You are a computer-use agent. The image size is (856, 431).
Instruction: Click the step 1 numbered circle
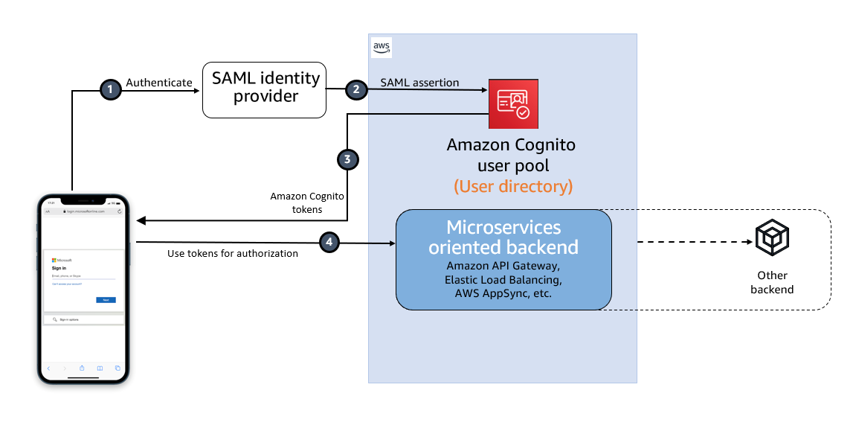tap(110, 89)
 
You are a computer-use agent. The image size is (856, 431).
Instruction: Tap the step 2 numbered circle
tap(356, 89)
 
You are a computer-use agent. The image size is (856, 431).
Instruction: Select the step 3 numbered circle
tap(347, 159)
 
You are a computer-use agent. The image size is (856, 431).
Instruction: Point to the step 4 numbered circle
tap(329, 242)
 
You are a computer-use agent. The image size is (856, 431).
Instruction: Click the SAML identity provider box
tap(265, 89)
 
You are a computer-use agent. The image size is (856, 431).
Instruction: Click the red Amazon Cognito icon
tap(513, 103)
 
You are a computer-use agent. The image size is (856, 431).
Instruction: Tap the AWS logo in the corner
tap(382, 47)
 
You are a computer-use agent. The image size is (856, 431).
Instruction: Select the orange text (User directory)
tap(513, 186)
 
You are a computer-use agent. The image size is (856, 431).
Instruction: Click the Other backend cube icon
tap(772, 238)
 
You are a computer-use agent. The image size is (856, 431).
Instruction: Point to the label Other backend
tap(772, 282)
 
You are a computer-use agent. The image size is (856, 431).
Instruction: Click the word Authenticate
tap(159, 83)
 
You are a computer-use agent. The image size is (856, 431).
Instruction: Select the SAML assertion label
tap(419, 82)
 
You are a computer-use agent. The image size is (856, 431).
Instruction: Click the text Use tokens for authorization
tap(233, 254)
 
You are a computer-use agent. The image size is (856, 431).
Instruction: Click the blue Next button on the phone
tap(106, 299)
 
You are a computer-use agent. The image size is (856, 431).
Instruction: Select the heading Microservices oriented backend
tap(503, 237)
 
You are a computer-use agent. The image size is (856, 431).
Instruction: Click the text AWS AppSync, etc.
tap(503, 294)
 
